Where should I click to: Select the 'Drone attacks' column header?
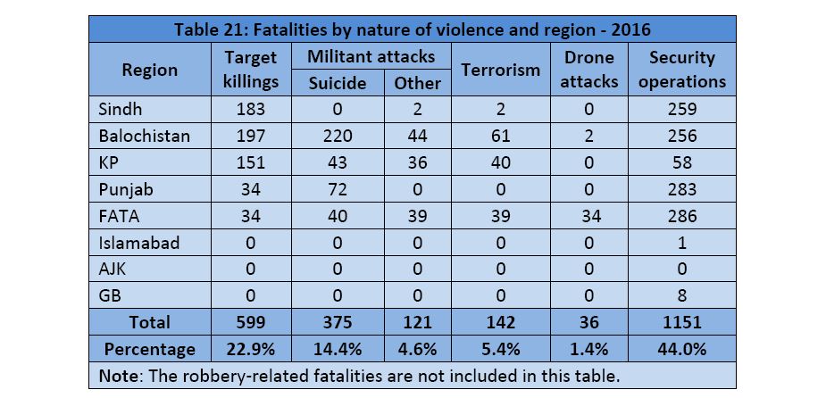click(x=589, y=69)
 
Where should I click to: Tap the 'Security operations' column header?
click(x=682, y=69)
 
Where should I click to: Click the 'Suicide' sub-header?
click(x=338, y=82)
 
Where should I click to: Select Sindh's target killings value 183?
click(x=250, y=111)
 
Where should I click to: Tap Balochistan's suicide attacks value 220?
click(x=338, y=137)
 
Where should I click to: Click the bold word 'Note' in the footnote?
click(x=117, y=376)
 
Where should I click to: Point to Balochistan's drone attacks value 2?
click(x=589, y=137)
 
